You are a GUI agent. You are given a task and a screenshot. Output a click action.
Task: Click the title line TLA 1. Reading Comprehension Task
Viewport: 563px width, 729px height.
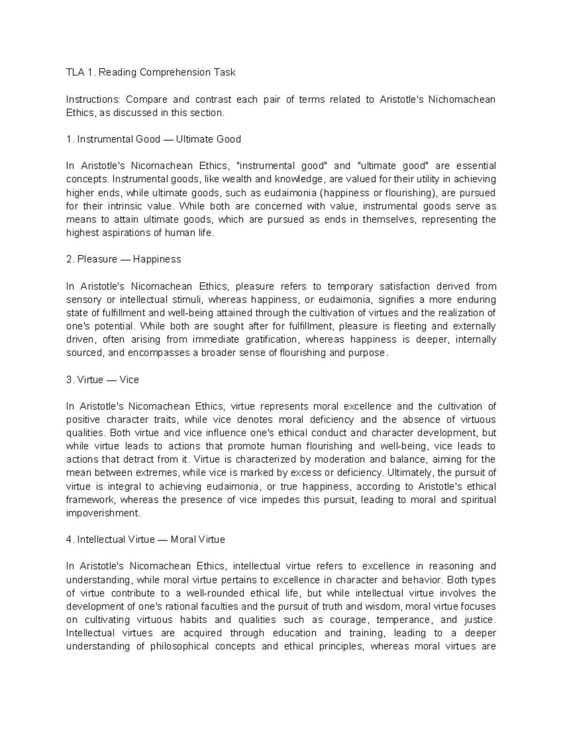(x=151, y=72)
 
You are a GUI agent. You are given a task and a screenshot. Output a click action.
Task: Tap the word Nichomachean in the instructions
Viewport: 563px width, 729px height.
(x=462, y=100)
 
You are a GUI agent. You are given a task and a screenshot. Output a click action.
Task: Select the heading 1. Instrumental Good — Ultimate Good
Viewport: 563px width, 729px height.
(x=153, y=139)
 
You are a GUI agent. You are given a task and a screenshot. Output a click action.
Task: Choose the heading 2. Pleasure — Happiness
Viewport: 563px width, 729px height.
(x=124, y=259)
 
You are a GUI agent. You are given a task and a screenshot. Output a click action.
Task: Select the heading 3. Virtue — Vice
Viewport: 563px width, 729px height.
(x=103, y=379)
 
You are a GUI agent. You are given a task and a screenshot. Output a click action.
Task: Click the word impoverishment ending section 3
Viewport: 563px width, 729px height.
(x=103, y=513)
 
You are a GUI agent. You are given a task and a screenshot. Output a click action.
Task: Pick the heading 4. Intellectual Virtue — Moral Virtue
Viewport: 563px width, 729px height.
(x=145, y=540)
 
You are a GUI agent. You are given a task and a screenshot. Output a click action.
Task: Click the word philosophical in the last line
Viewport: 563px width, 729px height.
(x=179, y=646)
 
